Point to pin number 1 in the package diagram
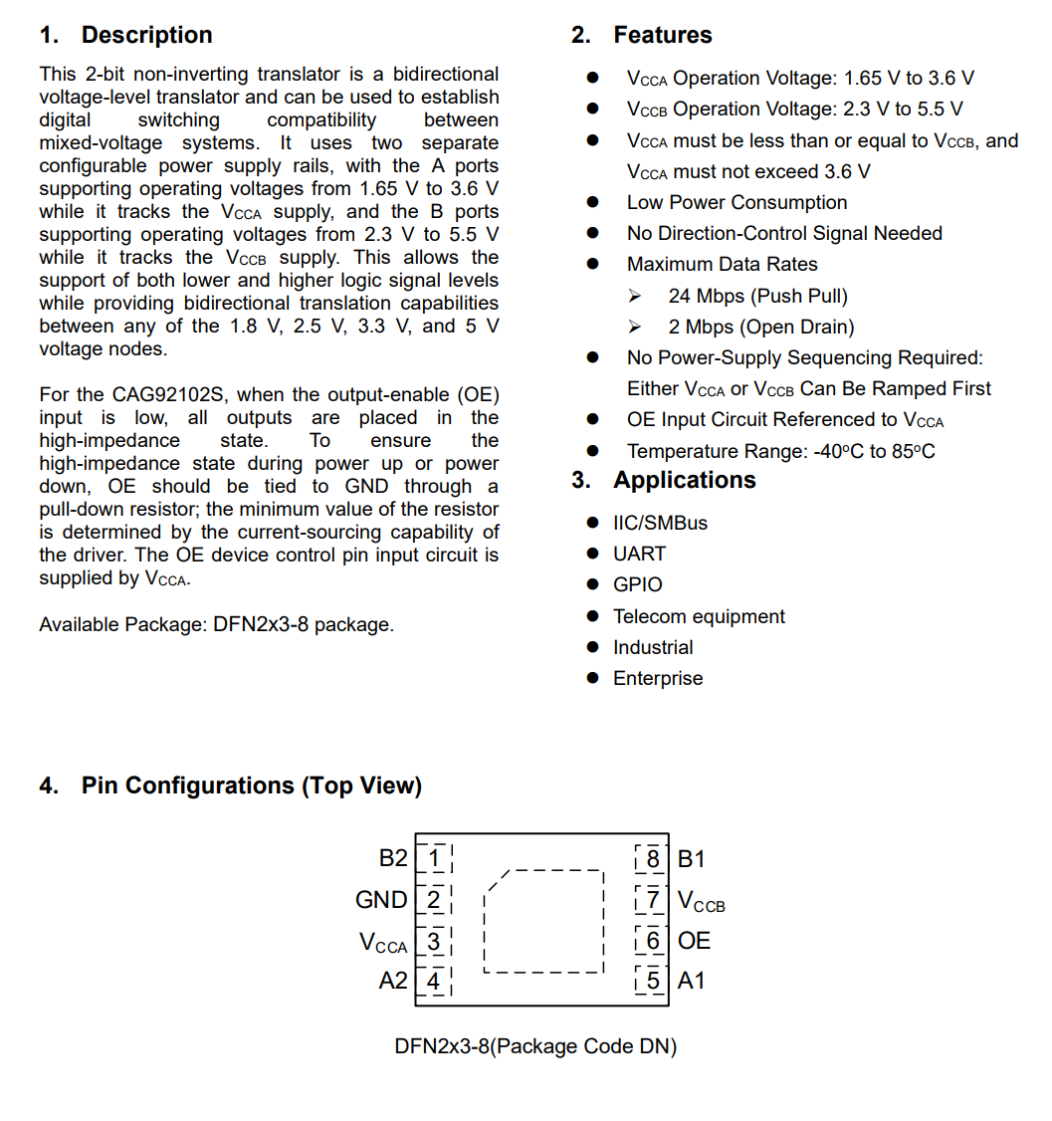434,857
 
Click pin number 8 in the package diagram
653,858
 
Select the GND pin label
381,900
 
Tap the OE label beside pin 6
694,941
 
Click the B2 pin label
393,858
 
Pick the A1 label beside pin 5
691,981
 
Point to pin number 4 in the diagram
434,981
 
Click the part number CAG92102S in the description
173,395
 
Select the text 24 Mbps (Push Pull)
757,296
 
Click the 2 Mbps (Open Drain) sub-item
760,327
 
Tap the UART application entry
639,554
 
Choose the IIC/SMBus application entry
660,523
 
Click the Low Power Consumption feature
736,202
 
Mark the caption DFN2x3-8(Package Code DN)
535,1046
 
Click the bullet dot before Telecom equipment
593,616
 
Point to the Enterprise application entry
657,678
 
